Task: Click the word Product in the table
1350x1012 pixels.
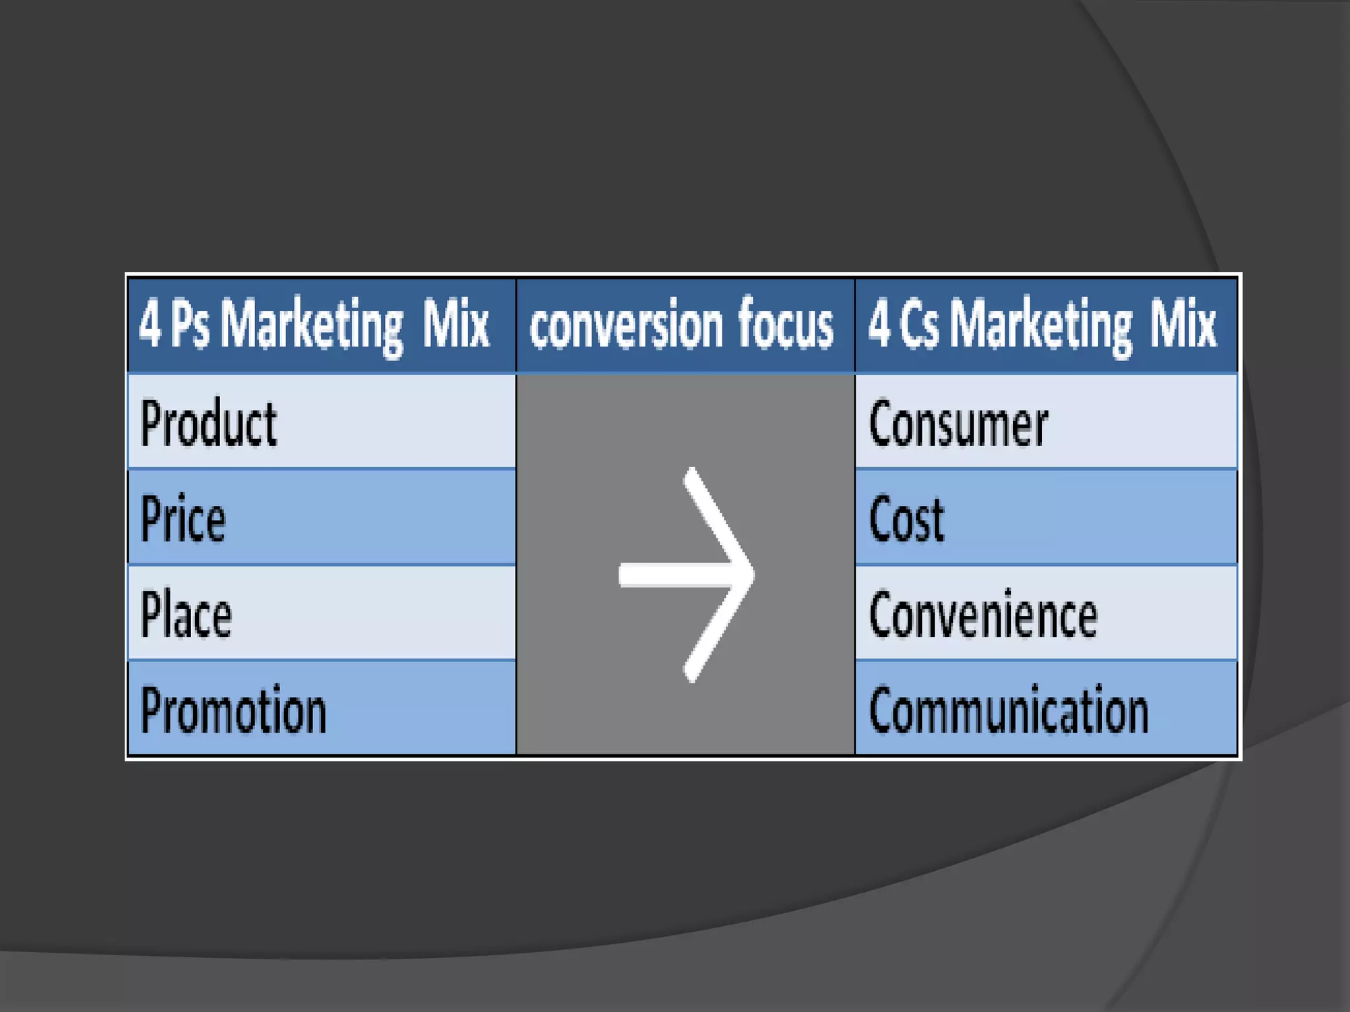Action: tap(208, 424)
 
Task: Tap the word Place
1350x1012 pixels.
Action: tap(186, 615)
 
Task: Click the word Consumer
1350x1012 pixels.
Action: tap(958, 424)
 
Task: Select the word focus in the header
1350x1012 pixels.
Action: tap(786, 324)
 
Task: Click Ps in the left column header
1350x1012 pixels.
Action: tap(190, 324)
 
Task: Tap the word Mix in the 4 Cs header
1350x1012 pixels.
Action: tap(1184, 324)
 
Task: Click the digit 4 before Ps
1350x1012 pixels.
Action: tap(150, 324)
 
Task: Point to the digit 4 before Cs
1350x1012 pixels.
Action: tap(879, 324)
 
